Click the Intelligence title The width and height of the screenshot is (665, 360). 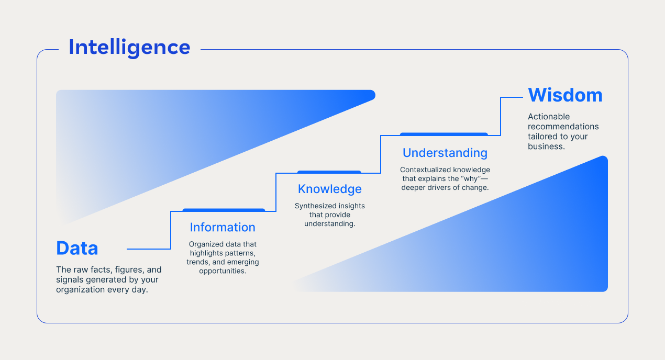[x=129, y=48]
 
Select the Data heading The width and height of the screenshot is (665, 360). [x=77, y=248]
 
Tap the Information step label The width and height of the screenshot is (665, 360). [x=223, y=228]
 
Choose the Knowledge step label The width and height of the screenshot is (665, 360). [x=329, y=189]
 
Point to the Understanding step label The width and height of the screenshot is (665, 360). [x=445, y=153]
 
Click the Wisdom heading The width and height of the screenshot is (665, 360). [x=565, y=95]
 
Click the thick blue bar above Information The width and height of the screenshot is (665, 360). [x=224, y=210]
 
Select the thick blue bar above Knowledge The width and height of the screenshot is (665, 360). [x=329, y=172]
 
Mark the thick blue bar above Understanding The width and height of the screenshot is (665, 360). [x=444, y=134]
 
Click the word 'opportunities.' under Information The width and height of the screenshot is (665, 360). [x=223, y=271]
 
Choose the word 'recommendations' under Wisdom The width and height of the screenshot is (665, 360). [x=563, y=127]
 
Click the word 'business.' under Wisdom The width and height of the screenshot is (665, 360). [x=546, y=147]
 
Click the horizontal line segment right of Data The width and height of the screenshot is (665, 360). [x=149, y=249]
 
